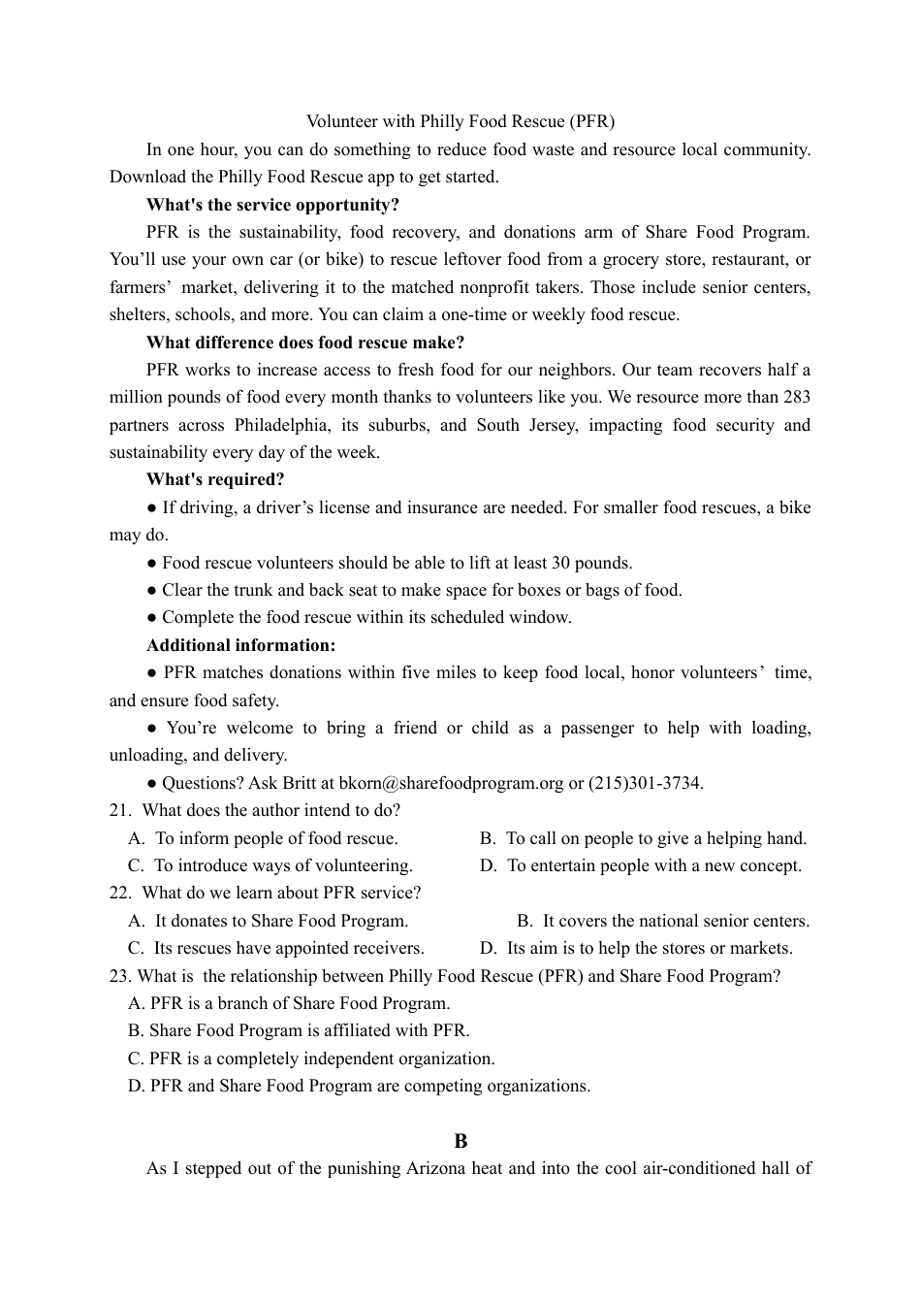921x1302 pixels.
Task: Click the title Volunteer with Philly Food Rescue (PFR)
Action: [460, 121]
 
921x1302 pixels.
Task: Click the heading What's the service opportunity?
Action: [272, 205]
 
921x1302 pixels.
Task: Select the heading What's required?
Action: [215, 479]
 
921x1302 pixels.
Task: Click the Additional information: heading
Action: [241, 645]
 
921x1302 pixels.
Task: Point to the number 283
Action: [796, 397]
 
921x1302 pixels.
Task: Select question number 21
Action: [120, 810]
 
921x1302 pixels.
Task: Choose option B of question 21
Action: [643, 838]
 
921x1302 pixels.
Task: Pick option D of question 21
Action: [641, 865]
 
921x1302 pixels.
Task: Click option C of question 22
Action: [276, 948]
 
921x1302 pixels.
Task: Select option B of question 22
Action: [663, 921]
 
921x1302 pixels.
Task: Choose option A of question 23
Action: [289, 1003]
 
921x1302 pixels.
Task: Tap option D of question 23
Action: [359, 1086]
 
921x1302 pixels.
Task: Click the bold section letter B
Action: [460, 1141]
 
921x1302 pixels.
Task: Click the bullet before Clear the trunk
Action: [152, 590]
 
